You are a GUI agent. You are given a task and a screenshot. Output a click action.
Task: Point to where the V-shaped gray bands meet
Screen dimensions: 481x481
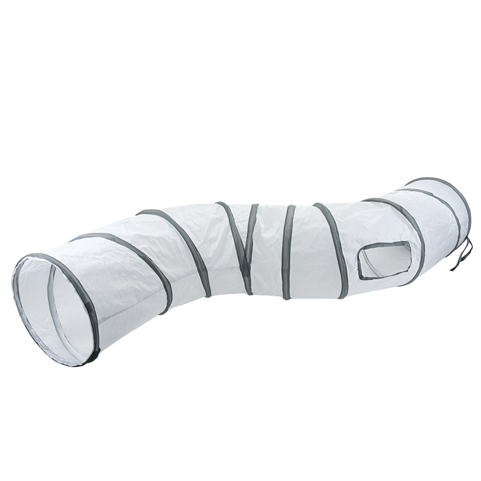[248, 288]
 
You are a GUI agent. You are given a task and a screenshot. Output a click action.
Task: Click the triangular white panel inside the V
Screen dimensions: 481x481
[243, 228]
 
